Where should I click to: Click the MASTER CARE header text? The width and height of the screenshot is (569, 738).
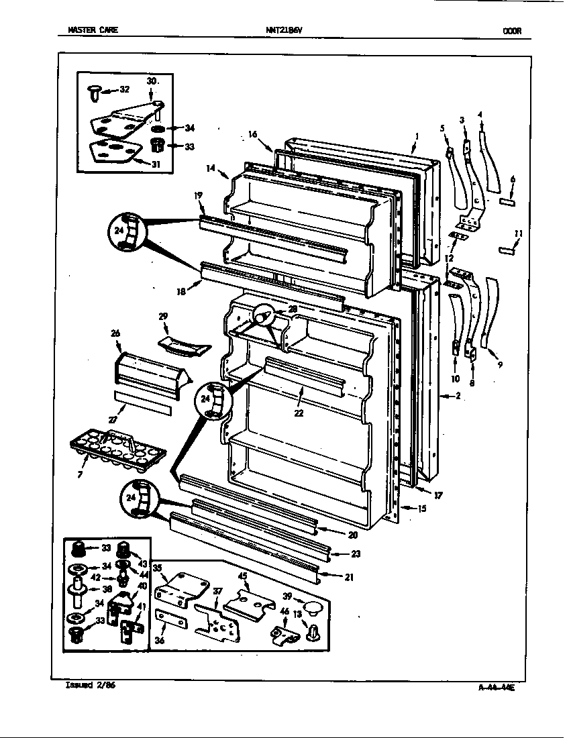(93, 30)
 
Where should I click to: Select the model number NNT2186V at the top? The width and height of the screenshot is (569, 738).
(283, 30)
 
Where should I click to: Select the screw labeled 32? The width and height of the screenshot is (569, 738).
(94, 91)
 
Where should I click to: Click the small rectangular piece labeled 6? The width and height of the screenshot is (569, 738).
(506, 199)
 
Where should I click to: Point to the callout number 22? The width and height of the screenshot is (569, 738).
(299, 413)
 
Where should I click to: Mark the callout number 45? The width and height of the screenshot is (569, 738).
(242, 576)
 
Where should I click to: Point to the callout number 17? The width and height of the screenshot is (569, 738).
(438, 496)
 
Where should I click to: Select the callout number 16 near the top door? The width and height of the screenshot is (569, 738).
(252, 134)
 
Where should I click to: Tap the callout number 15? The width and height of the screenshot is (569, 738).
(421, 509)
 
